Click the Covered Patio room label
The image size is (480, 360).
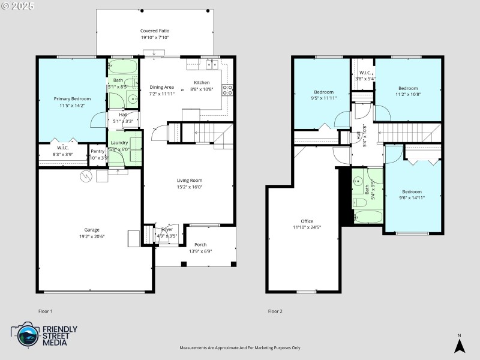pyautogui.click(x=155, y=31)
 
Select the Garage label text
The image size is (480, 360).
pyautogui.click(x=92, y=230)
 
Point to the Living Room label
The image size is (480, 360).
pyautogui.click(x=189, y=180)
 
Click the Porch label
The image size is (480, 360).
pyautogui.click(x=200, y=245)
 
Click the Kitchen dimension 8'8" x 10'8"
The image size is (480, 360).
pyautogui.click(x=202, y=89)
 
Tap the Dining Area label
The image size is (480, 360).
pyautogui.click(x=161, y=87)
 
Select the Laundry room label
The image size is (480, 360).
pyautogui.click(x=119, y=143)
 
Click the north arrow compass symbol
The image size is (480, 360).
pyautogui.click(x=459, y=345)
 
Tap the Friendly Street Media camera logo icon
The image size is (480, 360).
pyautogui.click(x=25, y=335)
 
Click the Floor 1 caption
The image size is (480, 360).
pyautogui.click(x=46, y=311)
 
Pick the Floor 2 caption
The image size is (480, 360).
pyautogui.click(x=275, y=311)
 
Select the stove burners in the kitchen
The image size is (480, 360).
pyautogui.click(x=228, y=90)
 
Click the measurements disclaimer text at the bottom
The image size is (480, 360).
pyautogui.click(x=240, y=348)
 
